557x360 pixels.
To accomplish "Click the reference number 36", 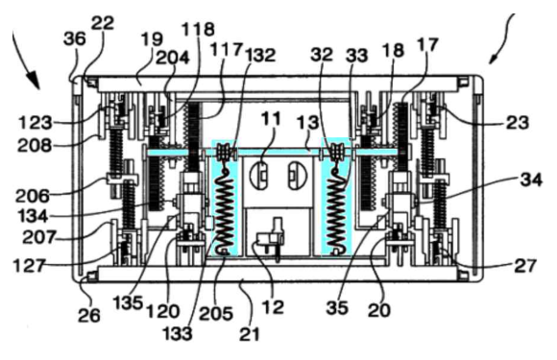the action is tap(74, 38).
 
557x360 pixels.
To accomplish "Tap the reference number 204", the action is tap(173, 58).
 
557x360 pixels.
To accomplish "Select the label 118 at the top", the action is tap(198, 29).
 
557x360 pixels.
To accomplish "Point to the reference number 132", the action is tap(260, 56).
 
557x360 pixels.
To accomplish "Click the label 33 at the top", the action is tap(356, 56).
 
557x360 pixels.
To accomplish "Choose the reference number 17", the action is tap(427, 45).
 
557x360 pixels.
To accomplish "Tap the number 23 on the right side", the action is tap(518, 123).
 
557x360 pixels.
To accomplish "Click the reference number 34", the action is tap(531, 180).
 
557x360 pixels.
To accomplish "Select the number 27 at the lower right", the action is tap(524, 266).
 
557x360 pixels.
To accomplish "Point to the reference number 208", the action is tap(35, 146).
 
